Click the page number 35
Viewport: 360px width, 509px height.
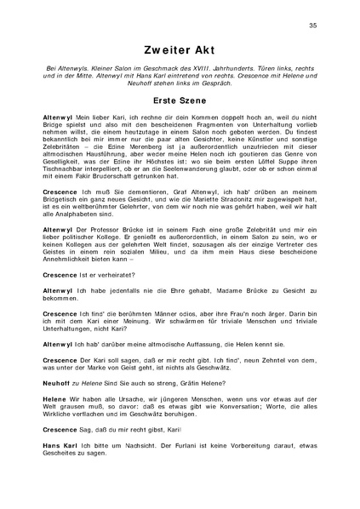313,25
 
